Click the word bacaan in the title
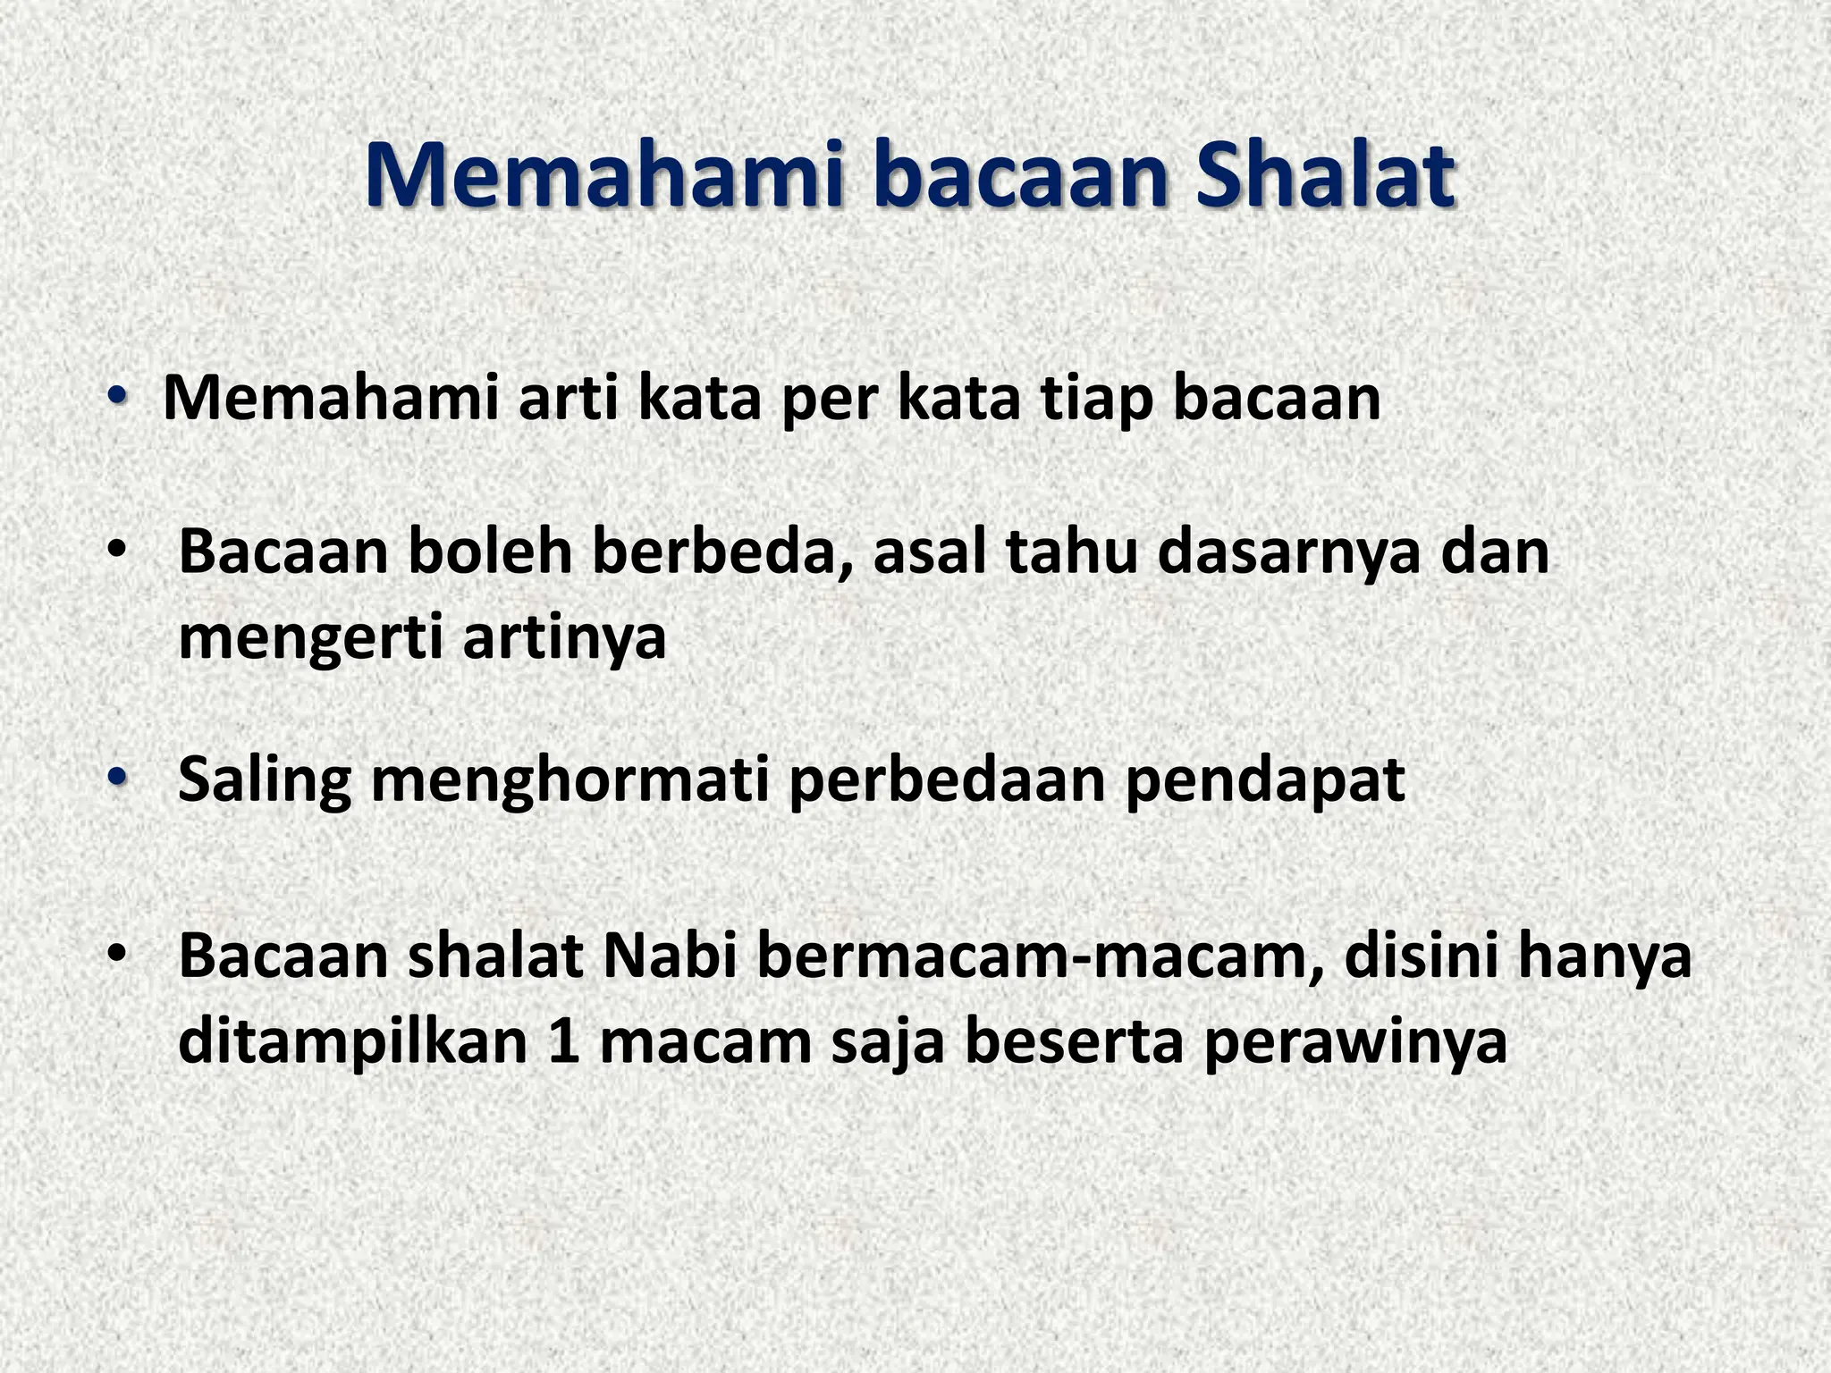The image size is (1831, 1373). (x=1020, y=175)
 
